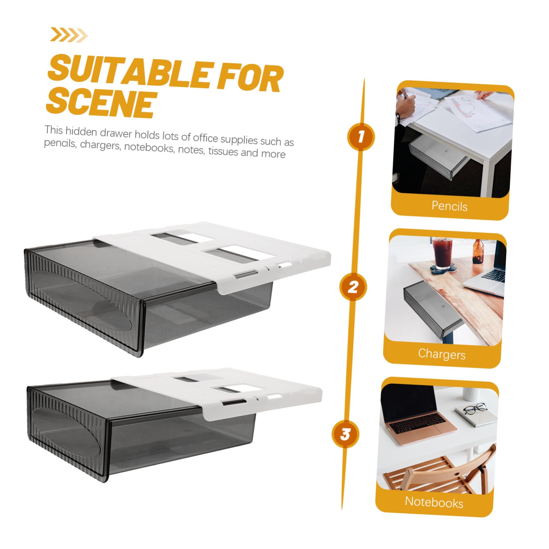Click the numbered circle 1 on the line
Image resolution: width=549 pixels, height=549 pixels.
(361, 137)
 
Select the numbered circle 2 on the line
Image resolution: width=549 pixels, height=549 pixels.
(353, 287)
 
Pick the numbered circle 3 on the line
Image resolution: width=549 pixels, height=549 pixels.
(345, 434)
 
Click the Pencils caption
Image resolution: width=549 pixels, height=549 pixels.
(449, 206)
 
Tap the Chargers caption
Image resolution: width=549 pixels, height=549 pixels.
(442, 354)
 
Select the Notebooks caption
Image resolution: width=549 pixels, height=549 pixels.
(434, 502)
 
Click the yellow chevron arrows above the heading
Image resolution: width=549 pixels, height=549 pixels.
(69, 35)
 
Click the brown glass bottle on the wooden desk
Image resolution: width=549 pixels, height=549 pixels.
(478, 251)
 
